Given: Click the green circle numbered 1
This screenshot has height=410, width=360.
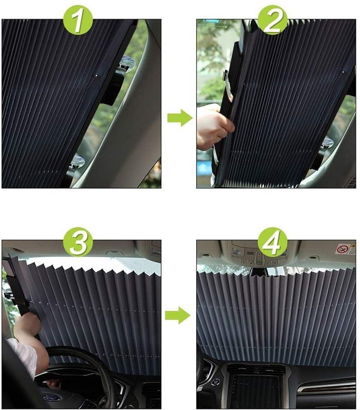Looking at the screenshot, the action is tap(78, 20).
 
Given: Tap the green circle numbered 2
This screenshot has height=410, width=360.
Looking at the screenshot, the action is tap(272, 20).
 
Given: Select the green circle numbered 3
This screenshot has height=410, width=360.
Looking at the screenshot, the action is tap(78, 242).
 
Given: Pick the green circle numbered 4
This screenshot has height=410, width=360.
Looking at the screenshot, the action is tap(272, 242).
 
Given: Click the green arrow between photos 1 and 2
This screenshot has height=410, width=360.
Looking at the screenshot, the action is tap(180, 118).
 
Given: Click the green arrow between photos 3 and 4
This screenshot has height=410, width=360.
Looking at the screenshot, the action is tap(178, 315).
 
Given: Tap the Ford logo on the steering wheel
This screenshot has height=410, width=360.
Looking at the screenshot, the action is tap(52, 398).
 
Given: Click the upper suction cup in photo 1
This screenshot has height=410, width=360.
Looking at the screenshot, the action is tap(128, 64).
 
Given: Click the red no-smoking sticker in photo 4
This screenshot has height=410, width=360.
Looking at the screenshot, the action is tap(343, 249).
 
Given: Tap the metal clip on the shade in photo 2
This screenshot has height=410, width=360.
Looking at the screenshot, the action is tap(227, 85).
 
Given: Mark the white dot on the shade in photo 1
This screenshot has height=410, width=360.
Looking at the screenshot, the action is tap(97, 76).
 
